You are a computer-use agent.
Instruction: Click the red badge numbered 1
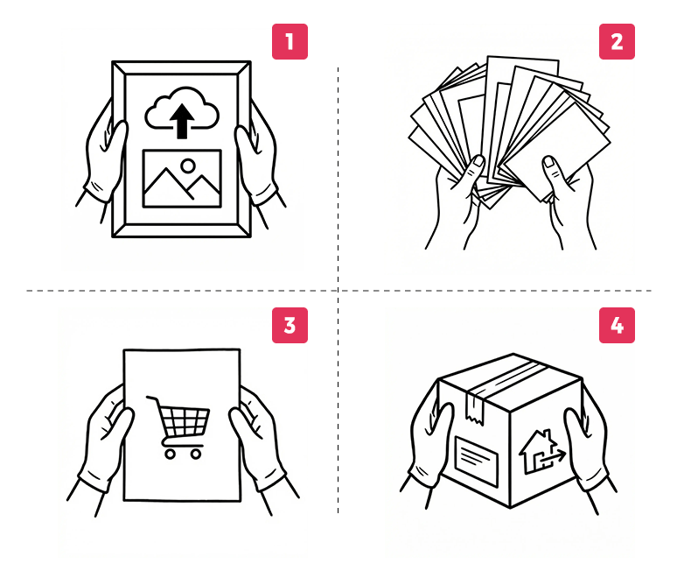290,41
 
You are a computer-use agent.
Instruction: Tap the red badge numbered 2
617,41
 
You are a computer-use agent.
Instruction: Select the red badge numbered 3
290,325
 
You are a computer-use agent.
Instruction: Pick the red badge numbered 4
617,325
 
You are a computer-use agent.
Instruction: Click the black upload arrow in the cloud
182,121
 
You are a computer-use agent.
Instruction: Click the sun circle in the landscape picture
188,166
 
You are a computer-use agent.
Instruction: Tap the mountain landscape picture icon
182,179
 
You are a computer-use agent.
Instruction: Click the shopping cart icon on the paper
178,426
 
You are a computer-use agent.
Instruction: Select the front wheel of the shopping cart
196,454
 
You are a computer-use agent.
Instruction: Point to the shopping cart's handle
151,398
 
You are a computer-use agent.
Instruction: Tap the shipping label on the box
477,462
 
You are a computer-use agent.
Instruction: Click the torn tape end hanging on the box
474,409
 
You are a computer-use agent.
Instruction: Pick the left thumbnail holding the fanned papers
478,161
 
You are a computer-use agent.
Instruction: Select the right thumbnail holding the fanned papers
549,162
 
